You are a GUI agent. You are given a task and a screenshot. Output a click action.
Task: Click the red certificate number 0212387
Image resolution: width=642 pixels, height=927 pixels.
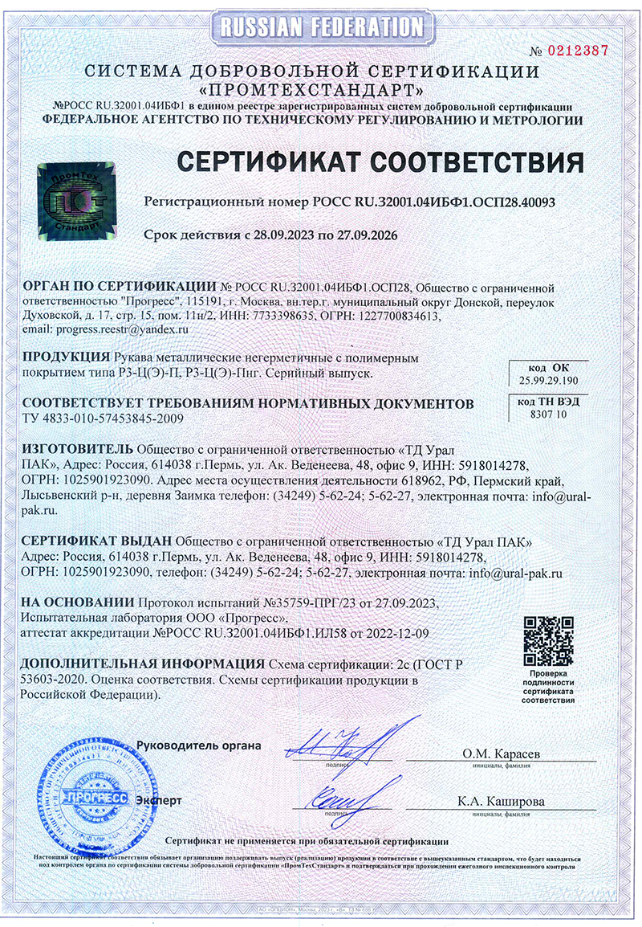click(577, 51)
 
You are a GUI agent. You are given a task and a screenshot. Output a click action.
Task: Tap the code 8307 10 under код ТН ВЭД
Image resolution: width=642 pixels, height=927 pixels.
click(549, 414)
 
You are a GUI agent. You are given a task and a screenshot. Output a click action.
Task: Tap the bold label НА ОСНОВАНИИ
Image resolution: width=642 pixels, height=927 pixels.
click(78, 602)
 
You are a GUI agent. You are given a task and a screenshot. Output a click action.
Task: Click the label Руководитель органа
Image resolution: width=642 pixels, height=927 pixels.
click(198, 745)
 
